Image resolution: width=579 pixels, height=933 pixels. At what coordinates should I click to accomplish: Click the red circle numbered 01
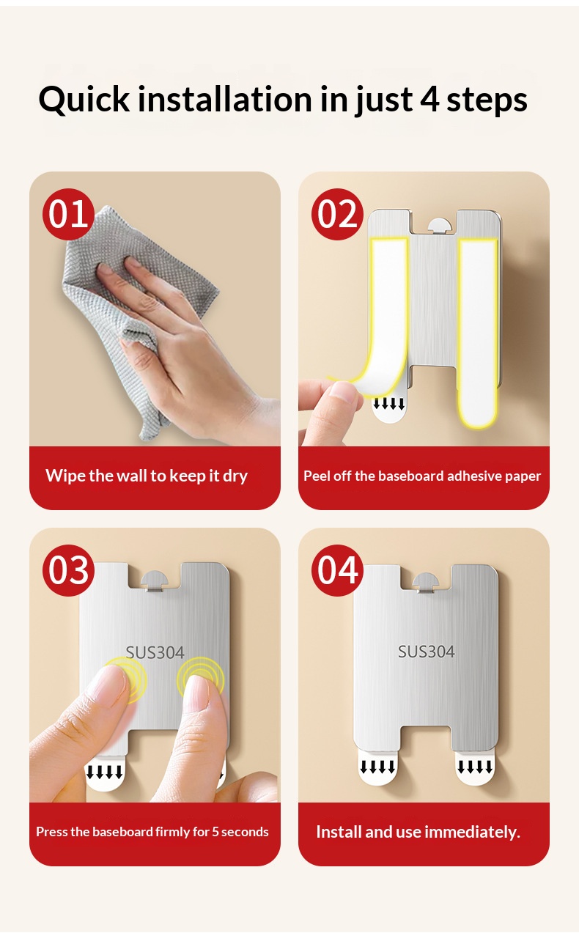(x=68, y=214)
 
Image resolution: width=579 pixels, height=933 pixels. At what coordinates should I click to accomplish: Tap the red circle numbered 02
(x=337, y=214)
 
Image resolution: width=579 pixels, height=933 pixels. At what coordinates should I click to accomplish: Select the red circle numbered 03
(x=68, y=570)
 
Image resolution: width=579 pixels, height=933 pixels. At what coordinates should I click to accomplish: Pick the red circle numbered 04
(x=337, y=570)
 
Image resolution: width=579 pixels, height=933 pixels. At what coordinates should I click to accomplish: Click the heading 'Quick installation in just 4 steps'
(x=283, y=100)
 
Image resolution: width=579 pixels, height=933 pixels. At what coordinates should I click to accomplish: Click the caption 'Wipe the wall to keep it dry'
(x=147, y=476)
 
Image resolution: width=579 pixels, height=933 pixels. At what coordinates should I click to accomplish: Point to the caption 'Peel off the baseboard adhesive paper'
(x=422, y=476)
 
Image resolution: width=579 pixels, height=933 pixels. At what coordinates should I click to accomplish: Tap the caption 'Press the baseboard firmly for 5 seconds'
(x=152, y=832)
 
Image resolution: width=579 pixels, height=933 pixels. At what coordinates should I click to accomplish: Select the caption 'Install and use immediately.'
(x=418, y=832)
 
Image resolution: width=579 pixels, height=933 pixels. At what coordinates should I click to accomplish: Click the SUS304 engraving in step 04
(x=427, y=652)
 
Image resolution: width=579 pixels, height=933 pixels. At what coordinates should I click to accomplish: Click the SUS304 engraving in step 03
(x=155, y=652)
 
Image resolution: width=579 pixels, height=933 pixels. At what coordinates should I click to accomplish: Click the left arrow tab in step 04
(x=377, y=770)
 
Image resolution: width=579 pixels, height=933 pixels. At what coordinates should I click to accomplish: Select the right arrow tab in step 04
(x=475, y=770)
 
